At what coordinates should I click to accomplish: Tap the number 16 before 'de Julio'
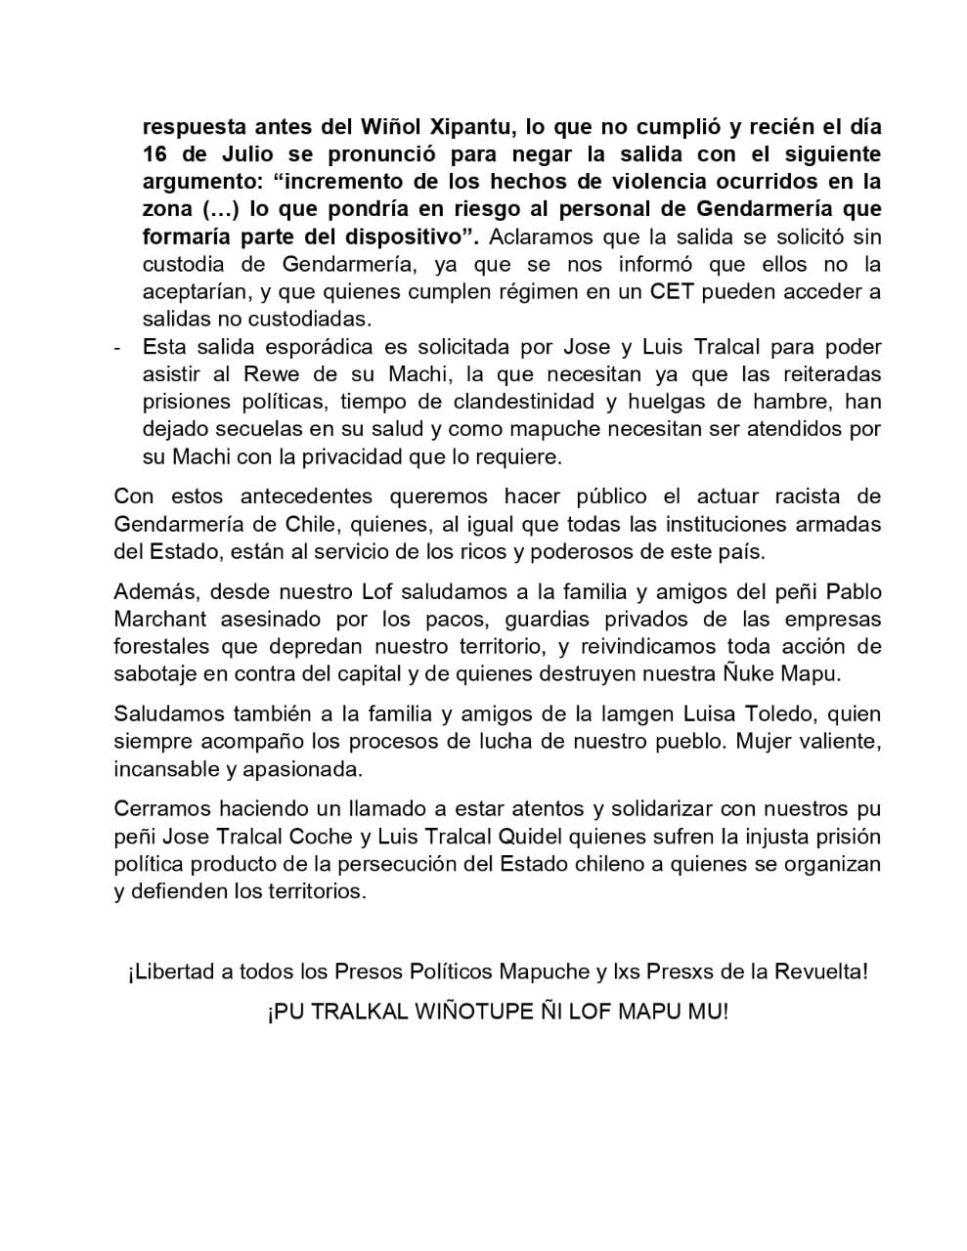(x=155, y=154)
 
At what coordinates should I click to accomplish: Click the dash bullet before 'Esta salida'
(x=118, y=347)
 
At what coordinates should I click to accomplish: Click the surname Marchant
(x=160, y=619)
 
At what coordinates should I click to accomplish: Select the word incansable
(x=166, y=768)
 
